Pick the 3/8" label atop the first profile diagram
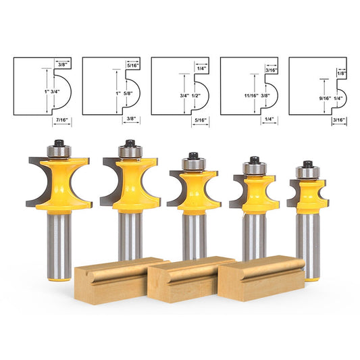pos(62,61)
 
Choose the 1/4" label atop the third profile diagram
pos(202,68)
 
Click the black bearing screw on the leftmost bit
pos(55,143)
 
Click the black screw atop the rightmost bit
pos(307,163)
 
